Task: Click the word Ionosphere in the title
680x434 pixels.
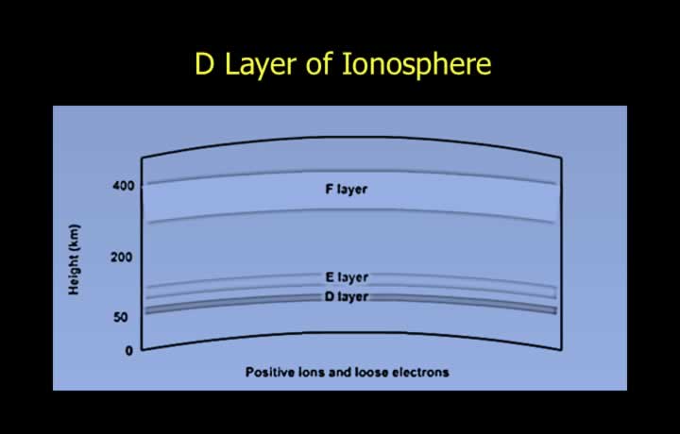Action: click(x=416, y=65)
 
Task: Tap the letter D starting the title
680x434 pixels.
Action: click(x=204, y=64)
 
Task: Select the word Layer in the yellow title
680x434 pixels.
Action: click(x=261, y=66)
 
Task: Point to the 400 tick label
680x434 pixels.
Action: click(x=123, y=186)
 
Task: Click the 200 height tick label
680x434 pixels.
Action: click(x=122, y=258)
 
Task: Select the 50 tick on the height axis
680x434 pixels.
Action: click(x=121, y=318)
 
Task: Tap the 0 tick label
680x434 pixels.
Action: click(x=128, y=351)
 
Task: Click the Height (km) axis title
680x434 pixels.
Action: click(x=75, y=259)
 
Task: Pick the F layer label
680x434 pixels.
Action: click(x=346, y=190)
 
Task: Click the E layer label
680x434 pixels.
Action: click(x=347, y=277)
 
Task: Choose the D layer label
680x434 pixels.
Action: click(x=347, y=296)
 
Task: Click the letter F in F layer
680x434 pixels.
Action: click(x=330, y=189)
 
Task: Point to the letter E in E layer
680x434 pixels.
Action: click(x=330, y=276)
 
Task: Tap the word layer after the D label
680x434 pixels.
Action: click(x=353, y=297)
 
